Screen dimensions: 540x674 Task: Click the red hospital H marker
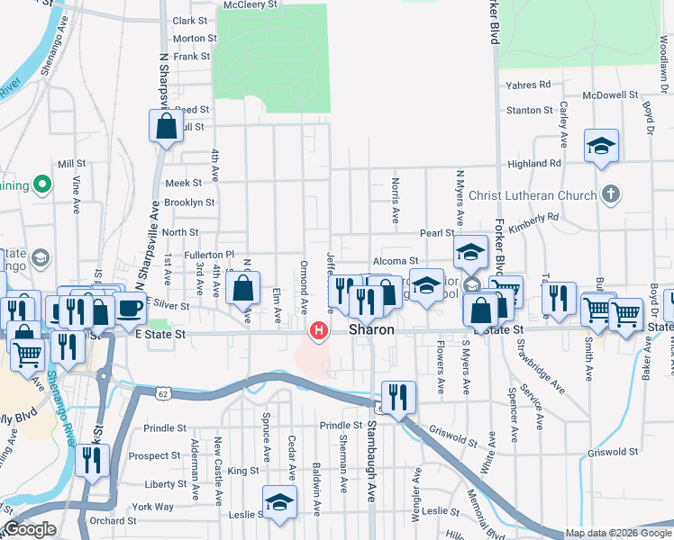[318, 331]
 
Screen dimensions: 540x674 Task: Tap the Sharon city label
[372, 330]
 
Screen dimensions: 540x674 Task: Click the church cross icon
[610, 194]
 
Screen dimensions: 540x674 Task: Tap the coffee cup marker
[129, 309]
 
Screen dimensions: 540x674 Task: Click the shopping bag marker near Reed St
[167, 128]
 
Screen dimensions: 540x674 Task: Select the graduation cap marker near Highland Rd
[601, 147]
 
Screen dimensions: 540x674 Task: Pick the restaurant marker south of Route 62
[397, 397]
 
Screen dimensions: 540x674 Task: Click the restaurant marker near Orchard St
[91, 461]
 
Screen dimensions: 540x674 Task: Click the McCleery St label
[250, 4]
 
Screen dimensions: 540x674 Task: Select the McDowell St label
[610, 94]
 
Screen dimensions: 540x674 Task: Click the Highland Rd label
[534, 164]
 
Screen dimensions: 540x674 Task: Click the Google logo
[29, 529]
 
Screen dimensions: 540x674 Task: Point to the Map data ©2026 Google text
[616, 533]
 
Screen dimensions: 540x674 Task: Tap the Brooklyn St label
[189, 203]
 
